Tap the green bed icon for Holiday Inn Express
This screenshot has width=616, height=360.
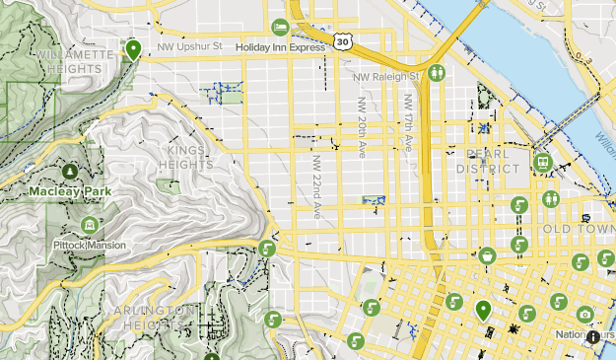(280, 26)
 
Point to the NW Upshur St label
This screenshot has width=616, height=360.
(184, 45)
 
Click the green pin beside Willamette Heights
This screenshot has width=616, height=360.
(133, 48)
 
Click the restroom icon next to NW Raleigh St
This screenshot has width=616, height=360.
(437, 73)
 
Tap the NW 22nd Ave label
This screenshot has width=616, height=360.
(316, 185)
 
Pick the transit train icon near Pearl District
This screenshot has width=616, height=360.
(541, 163)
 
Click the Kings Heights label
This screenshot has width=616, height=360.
(184, 157)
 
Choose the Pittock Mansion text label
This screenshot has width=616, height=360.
(90, 244)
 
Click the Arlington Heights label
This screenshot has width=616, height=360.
(153, 316)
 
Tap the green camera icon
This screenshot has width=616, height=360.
(585, 315)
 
